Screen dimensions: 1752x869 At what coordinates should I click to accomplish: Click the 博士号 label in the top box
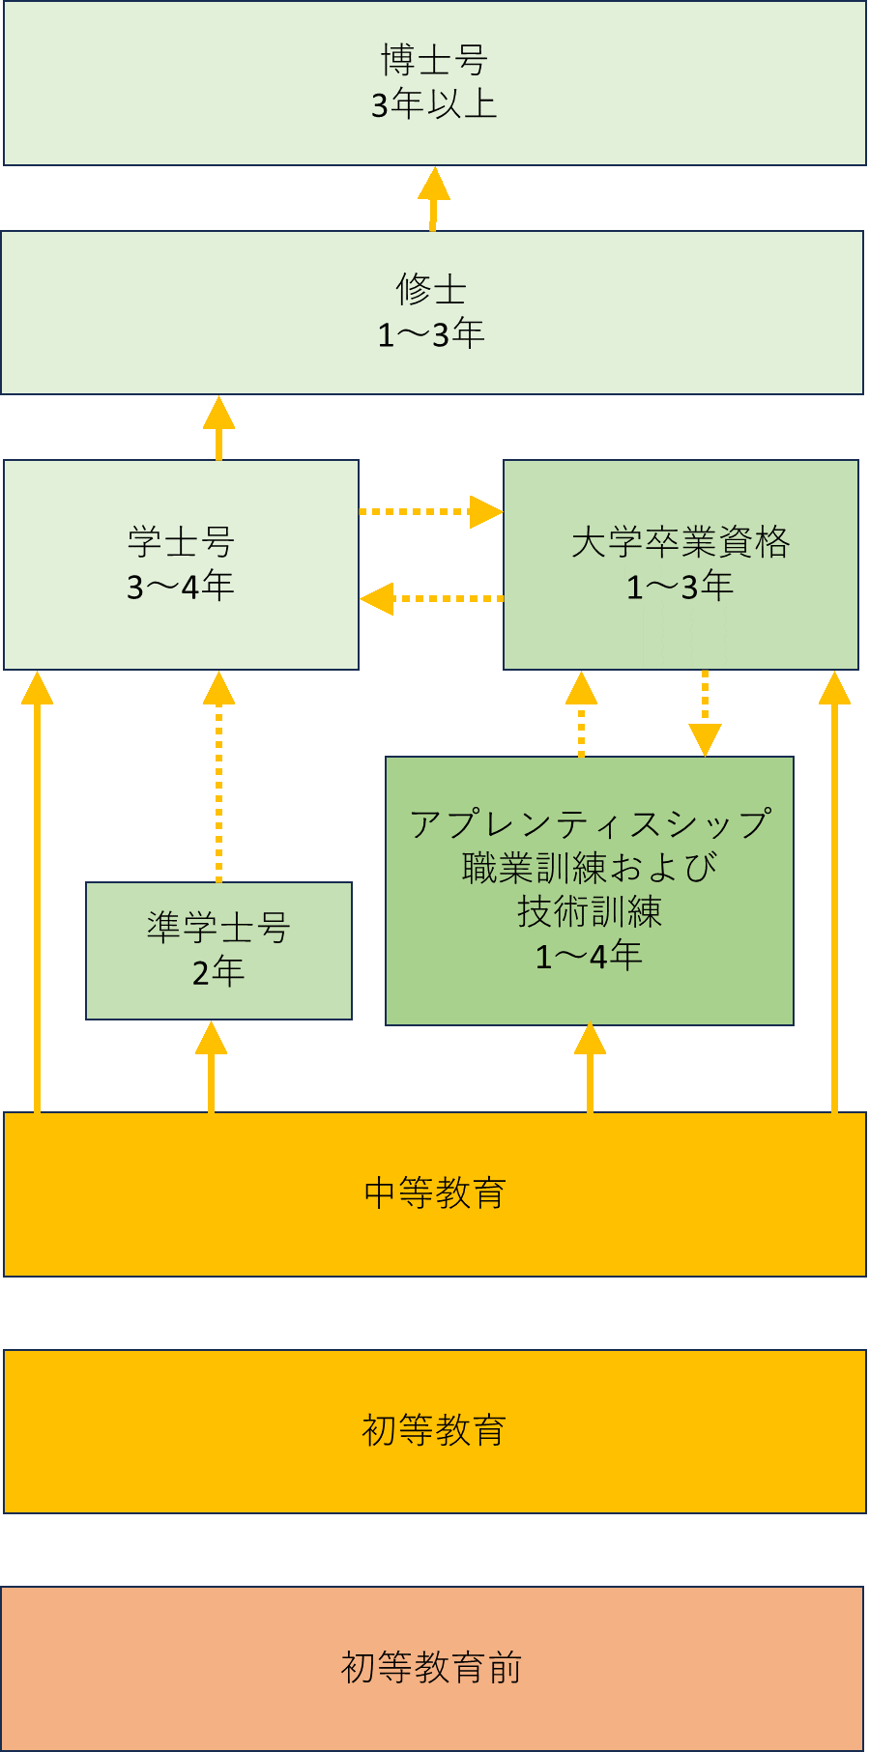434,60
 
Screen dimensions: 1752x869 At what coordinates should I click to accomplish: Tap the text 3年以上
434,104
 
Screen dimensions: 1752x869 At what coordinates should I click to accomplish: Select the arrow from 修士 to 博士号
434,198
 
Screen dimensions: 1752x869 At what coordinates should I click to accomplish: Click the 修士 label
431,289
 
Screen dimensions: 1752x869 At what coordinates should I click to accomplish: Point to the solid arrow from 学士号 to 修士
218,427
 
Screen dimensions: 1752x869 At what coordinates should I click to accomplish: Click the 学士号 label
181,541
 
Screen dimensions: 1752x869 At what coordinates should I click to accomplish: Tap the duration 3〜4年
181,587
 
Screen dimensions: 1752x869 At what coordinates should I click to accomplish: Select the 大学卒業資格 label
681,541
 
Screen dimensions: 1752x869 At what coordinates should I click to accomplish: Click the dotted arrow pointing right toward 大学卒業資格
430,511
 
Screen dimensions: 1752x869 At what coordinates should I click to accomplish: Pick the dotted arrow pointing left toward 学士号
430,598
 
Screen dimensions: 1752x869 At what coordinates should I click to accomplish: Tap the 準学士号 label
218,927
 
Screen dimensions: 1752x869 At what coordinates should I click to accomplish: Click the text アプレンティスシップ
590,824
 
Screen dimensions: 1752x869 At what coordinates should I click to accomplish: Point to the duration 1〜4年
590,956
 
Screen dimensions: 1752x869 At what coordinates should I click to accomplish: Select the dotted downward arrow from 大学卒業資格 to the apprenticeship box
705,713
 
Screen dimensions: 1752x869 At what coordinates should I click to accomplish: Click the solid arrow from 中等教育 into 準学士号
211,1067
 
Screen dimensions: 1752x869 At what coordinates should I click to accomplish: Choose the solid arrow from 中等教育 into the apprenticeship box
590,1067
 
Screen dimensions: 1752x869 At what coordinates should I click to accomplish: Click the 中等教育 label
434,1193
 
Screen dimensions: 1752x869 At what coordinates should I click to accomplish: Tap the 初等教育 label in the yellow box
434,1430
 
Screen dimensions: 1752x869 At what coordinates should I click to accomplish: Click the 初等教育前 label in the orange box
431,1668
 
